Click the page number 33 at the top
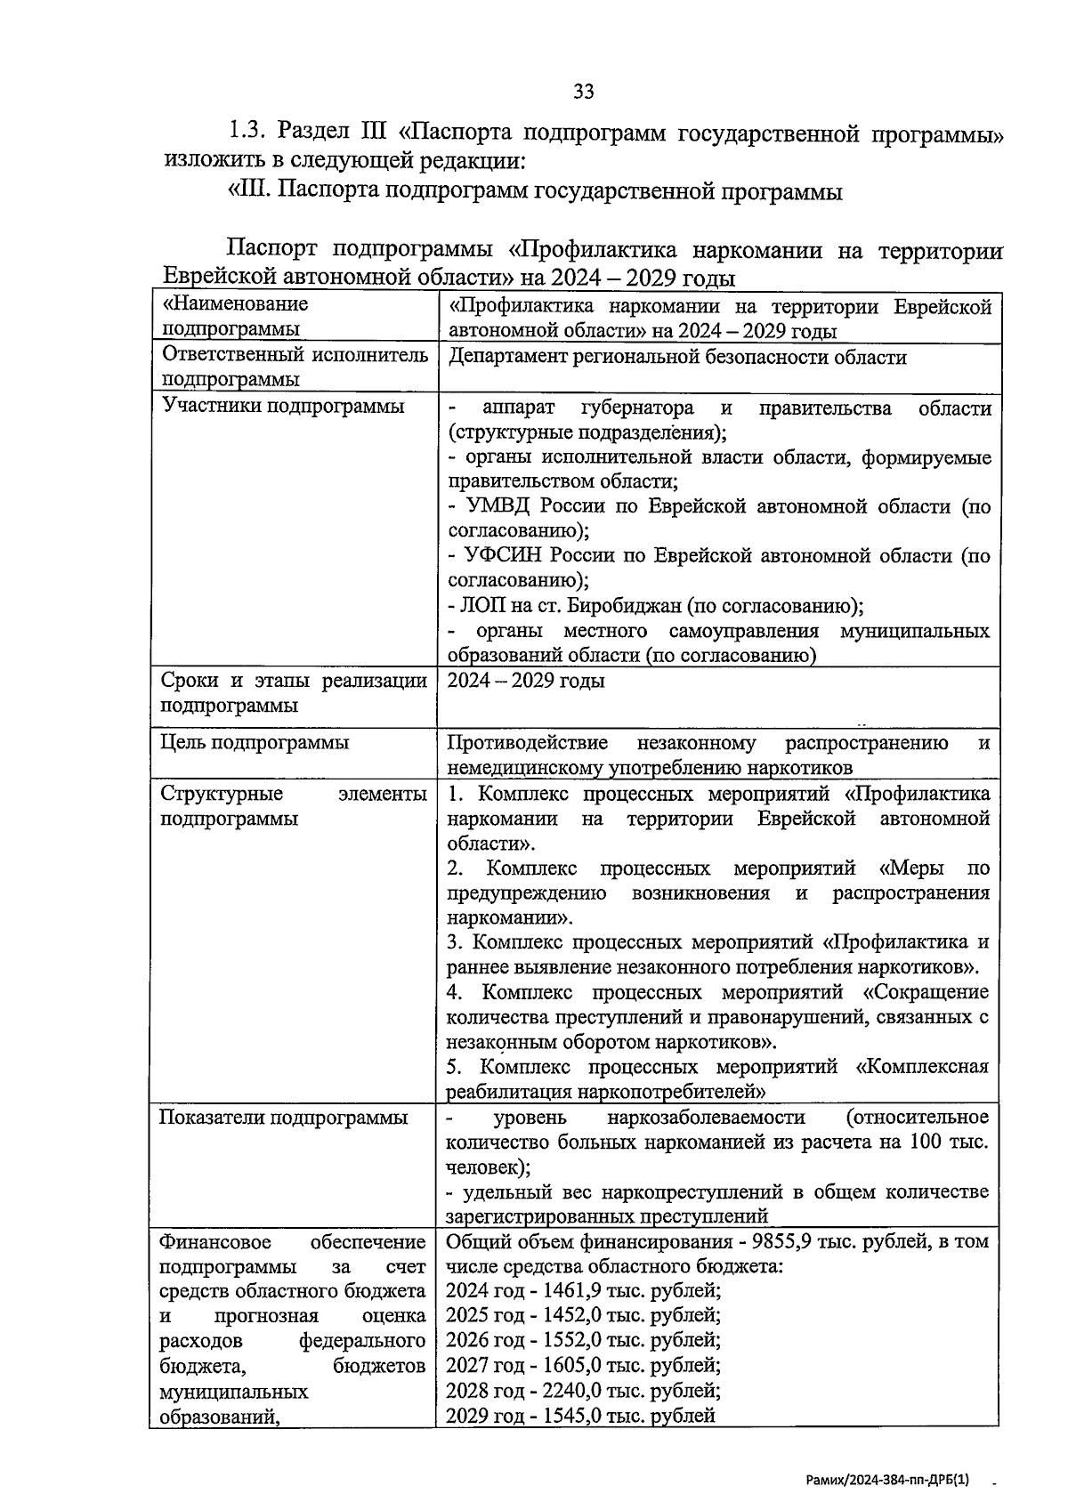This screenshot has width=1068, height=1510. (x=583, y=91)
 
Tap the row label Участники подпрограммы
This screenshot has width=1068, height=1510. (x=282, y=406)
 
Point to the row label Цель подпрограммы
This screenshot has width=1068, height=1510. (x=255, y=742)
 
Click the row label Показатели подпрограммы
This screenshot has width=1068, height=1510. (x=283, y=1118)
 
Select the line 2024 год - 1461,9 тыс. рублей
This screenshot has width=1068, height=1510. (x=584, y=1291)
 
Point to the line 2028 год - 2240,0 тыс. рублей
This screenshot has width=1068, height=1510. (x=584, y=1391)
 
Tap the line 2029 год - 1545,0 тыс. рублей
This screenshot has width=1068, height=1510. (x=581, y=1416)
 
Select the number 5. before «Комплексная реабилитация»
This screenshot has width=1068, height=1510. (x=454, y=1066)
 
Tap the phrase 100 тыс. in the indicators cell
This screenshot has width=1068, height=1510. (x=945, y=1142)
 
